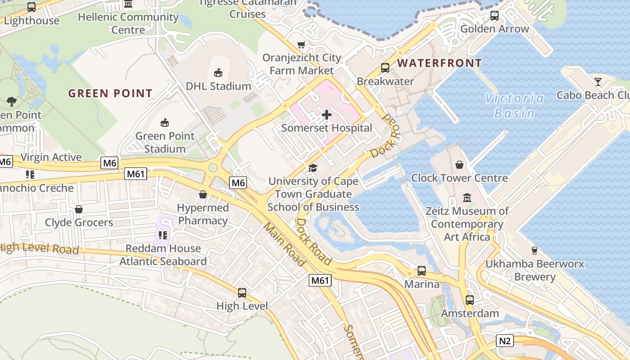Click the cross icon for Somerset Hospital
coord(327,115)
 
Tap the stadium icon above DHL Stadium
coord(218,72)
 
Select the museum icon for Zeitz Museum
coord(467,198)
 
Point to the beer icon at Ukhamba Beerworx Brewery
coord(535,251)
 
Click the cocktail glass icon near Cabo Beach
coord(598,82)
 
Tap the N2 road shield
coord(505,341)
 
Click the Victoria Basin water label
coord(514,105)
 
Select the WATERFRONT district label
coord(439,63)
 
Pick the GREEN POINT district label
coord(110,94)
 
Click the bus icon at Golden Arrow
coord(494,16)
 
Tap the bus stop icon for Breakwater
coord(385,68)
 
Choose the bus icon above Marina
coord(422,271)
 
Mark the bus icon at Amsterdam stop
coord(470,300)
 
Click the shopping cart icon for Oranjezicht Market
coord(301,45)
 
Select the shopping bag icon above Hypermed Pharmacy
coord(203,194)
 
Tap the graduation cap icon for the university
coord(313,168)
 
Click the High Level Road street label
coord(39,249)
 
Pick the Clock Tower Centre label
coord(459,178)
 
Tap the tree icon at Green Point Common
coord(12,102)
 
